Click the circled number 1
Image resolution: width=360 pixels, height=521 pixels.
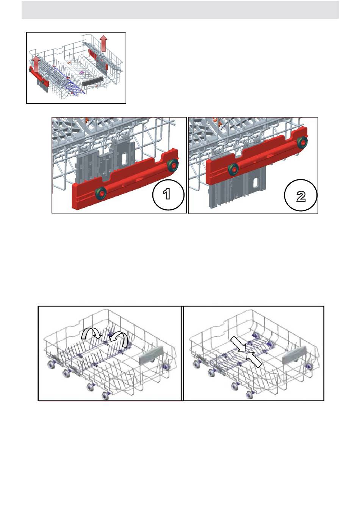(168, 194)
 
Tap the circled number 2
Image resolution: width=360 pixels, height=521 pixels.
(301, 195)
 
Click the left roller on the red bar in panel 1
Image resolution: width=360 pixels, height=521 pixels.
(101, 193)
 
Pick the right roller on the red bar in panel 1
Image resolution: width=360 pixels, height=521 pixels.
(173, 165)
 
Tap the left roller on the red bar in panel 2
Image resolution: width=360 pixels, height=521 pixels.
(233, 169)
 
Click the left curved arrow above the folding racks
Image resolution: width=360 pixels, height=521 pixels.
(91, 333)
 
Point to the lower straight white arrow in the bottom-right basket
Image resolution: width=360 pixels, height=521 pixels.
(254, 359)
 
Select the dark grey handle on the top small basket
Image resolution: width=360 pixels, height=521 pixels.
(92, 81)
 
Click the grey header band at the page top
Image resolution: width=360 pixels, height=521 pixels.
(180, 10)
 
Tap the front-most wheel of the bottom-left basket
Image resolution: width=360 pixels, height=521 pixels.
(105, 395)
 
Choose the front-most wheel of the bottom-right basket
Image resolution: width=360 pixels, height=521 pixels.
(250, 395)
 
